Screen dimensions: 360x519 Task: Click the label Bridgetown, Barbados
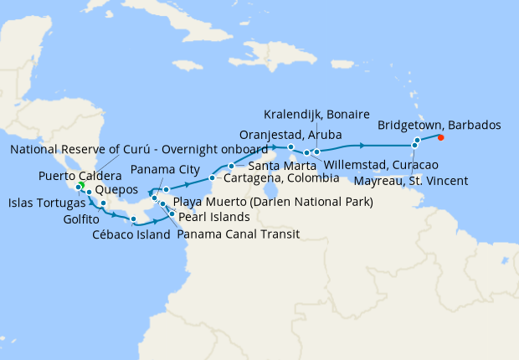[x=439, y=125]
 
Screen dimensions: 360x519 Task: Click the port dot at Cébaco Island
[x=134, y=220]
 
